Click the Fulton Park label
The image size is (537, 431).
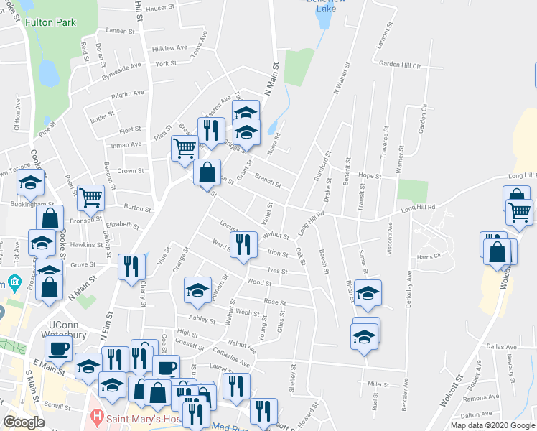coord(50,22)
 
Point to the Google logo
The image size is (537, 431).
coord(24,422)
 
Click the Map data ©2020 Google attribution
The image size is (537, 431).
coord(492,425)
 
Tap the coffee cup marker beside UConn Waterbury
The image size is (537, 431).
coord(58,349)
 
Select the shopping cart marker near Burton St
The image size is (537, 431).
coord(90,198)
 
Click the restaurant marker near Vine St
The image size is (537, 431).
coord(130,267)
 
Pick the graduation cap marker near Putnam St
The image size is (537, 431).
coord(197,290)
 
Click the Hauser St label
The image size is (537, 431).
coord(160,8)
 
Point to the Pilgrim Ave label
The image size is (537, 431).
coord(128,93)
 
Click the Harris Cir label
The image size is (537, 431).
coord(431,256)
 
